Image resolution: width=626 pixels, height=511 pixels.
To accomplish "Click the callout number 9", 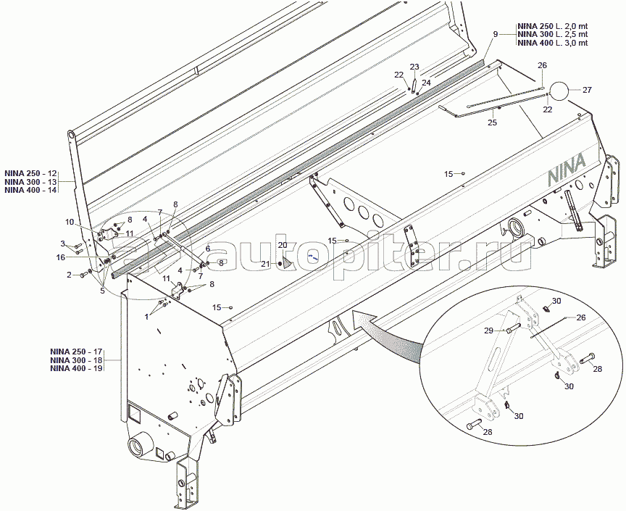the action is click(496, 34).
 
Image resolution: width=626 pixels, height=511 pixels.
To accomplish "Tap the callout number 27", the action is click(587, 90).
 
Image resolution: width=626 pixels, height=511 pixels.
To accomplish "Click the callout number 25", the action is click(492, 122).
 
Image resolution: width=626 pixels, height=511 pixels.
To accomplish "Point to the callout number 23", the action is click(414, 67).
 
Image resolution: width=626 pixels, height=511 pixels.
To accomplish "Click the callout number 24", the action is click(426, 83).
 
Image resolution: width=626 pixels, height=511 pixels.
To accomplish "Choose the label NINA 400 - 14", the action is click(30, 190).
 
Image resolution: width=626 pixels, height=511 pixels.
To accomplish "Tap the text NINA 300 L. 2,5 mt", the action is click(552, 34).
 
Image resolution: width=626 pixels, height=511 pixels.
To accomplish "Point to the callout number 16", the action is click(61, 257).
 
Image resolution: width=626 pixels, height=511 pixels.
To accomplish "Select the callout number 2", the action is click(69, 275).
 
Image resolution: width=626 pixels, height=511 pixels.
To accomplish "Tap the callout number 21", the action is click(264, 263).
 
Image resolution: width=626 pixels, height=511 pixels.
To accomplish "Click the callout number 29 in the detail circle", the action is click(489, 330).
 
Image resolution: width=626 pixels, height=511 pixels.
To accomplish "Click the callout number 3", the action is click(62, 243).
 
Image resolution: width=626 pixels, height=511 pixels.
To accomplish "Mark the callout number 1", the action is click(148, 315).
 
